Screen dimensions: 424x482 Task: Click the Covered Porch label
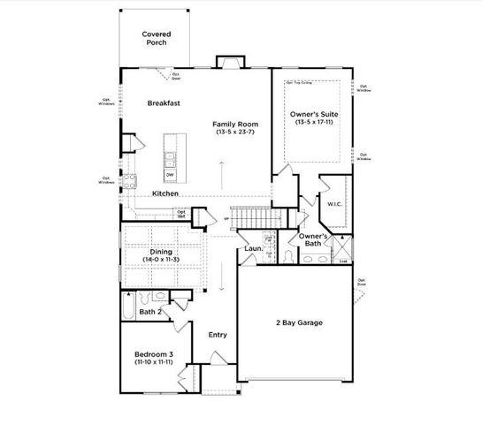click(x=157, y=39)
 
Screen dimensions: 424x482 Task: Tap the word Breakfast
click(x=164, y=103)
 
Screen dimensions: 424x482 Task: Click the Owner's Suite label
click(x=313, y=114)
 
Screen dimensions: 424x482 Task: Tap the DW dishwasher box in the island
click(x=169, y=175)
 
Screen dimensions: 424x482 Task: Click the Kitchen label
click(x=165, y=193)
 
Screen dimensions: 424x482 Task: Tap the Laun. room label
click(x=253, y=249)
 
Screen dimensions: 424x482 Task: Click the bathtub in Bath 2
click(x=128, y=307)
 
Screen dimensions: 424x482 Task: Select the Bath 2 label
click(x=150, y=312)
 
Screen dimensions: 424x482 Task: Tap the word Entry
click(x=217, y=335)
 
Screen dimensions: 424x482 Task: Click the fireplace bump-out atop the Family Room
click(x=229, y=63)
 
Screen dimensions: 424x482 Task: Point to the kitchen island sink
click(x=168, y=159)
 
